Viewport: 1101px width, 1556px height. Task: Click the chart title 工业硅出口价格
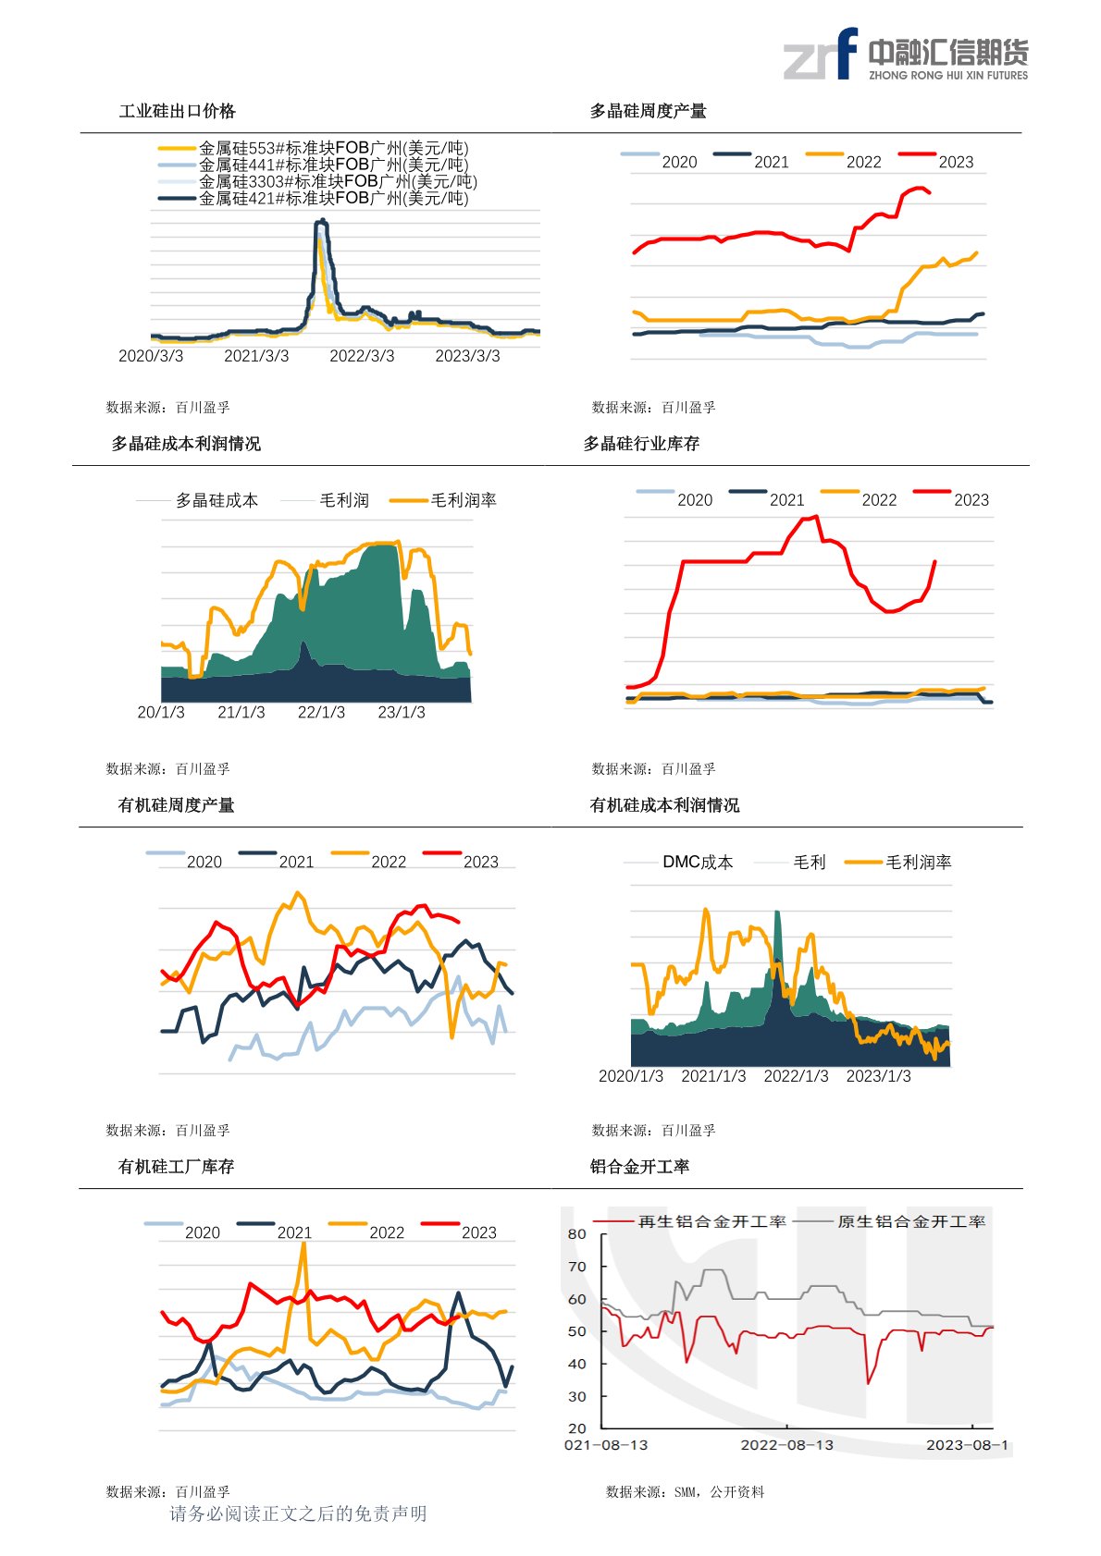pos(177,111)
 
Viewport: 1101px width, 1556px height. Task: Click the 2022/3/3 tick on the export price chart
pos(362,356)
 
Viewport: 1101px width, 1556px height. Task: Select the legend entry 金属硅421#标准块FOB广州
pos(333,198)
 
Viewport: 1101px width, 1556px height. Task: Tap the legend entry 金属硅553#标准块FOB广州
pos(333,148)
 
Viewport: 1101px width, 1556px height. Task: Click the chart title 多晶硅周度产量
pos(648,111)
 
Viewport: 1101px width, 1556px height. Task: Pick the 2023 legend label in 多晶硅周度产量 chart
pos(956,162)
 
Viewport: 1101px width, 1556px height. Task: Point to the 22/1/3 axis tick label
pos(321,712)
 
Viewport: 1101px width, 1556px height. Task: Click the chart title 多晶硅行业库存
pos(641,444)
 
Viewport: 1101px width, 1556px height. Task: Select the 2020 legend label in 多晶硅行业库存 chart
pos(694,500)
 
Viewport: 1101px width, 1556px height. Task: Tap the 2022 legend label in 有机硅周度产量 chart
pos(389,862)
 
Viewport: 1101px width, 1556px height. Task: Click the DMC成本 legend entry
pos(697,862)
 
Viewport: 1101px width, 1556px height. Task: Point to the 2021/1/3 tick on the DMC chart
pos(713,1076)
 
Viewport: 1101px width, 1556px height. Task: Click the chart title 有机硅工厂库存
pos(176,1167)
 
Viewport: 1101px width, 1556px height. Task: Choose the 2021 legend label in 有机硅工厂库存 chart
pos(294,1232)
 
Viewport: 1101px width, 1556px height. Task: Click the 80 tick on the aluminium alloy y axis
pos(577,1234)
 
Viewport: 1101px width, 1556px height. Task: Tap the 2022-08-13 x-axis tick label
pos(786,1445)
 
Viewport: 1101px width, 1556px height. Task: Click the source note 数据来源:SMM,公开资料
pos(685,1491)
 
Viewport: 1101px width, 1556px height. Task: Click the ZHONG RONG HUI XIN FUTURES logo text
pos(947,76)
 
